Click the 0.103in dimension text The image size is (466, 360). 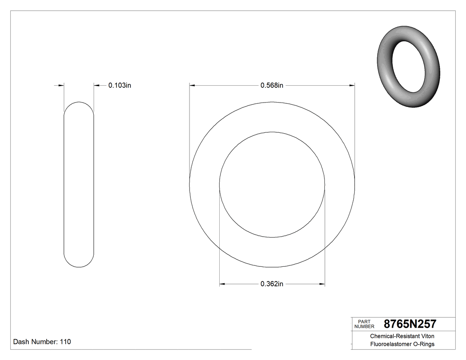(x=119, y=85)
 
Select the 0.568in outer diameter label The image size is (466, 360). (x=272, y=85)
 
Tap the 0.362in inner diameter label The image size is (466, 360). (x=272, y=284)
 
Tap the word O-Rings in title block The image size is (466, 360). (x=424, y=344)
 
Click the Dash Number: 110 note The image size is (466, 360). (x=42, y=342)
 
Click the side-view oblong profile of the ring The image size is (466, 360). (x=79, y=185)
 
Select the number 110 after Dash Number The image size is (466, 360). (x=65, y=342)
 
